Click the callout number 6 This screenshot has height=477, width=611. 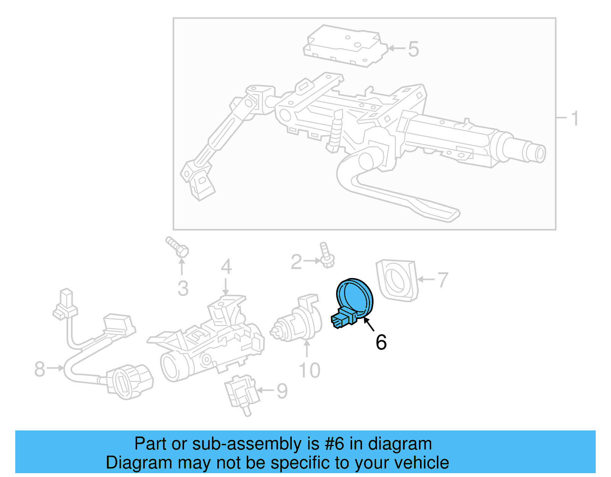(381, 342)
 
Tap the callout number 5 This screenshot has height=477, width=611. (413, 49)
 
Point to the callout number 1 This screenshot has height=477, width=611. (575, 118)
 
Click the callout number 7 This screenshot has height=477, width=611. (442, 280)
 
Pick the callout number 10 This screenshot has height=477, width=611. (309, 370)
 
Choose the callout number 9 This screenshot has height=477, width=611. (282, 391)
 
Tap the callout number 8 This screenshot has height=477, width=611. (40, 369)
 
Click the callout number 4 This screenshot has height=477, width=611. (226, 266)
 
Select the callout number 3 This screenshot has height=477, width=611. (183, 289)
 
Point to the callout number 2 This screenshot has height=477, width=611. (296, 262)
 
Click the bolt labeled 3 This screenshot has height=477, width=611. (177, 247)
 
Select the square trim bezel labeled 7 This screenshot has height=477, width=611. (396, 280)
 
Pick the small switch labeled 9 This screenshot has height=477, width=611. (241, 393)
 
